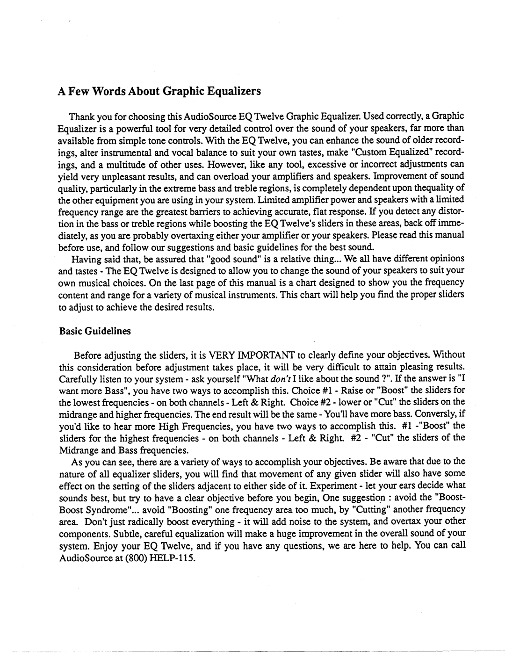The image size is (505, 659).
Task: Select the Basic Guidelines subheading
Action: (x=95, y=331)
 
